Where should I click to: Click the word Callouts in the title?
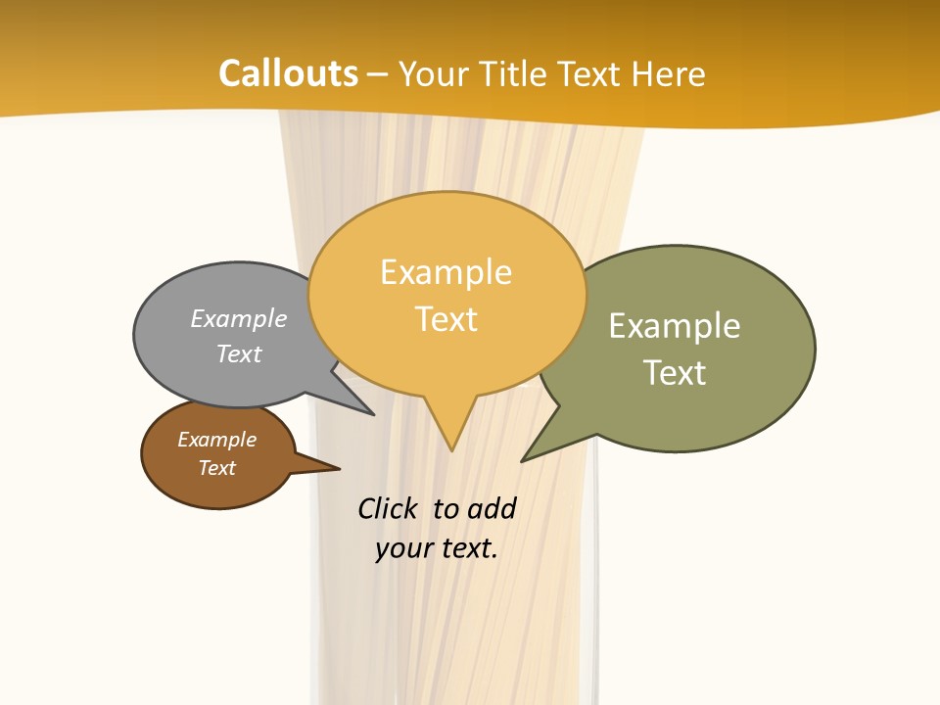[288, 73]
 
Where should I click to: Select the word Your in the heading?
[434, 74]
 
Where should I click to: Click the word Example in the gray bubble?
[238, 319]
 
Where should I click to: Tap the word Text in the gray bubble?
[238, 353]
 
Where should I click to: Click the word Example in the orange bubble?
[446, 272]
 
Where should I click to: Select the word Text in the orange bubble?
[446, 319]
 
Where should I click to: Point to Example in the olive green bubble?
[674, 326]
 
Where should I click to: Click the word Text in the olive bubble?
[675, 373]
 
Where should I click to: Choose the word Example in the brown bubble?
[216, 440]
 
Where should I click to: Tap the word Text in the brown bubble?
[216, 468]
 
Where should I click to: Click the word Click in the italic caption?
[387, 508]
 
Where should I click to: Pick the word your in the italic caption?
[402, 548]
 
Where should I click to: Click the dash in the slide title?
[378, 74]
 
